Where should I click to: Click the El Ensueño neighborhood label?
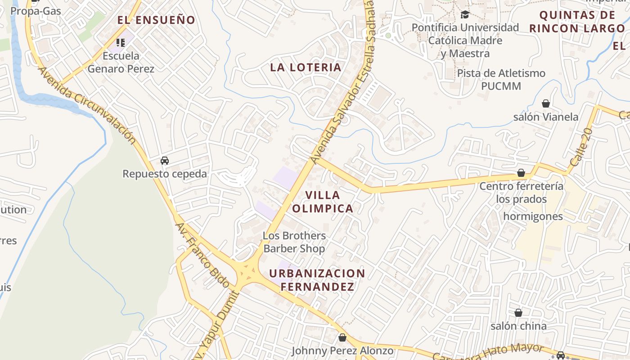156,20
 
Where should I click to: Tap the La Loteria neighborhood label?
306,67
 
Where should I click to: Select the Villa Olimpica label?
323,202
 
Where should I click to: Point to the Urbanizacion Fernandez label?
317,280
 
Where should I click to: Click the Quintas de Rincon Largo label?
577,22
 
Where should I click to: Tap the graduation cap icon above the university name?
465,15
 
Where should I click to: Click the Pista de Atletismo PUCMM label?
501,79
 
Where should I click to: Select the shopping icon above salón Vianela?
546,104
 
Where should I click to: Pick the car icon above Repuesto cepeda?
165,161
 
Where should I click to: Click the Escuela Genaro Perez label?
121,63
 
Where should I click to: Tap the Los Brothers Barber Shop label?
294,242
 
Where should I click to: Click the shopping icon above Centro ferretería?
521,173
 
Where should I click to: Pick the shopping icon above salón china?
518,313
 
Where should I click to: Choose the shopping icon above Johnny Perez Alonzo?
342,337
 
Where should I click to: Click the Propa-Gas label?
36,10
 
